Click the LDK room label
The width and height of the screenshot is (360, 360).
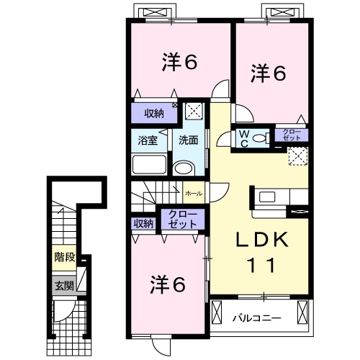(263, 240)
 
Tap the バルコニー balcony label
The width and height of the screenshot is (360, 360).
(257, 318)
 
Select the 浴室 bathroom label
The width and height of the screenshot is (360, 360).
(148, 140)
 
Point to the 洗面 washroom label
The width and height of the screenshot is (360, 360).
(189, 140)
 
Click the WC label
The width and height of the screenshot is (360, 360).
(244, 138)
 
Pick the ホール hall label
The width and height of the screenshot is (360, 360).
(194, 194)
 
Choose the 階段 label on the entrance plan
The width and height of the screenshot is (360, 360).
(65, 257)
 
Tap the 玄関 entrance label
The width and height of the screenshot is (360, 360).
(64, 286)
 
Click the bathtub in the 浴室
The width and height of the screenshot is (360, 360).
(149, 164)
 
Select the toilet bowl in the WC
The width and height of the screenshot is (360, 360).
(260, 138)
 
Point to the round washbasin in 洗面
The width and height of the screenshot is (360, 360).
(184, 168)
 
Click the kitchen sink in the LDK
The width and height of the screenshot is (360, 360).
(267, 197)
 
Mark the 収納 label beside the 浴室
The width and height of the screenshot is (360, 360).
(154, 114)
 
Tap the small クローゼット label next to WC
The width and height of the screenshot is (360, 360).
(292, 135)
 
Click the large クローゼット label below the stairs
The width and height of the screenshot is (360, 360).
(183, 219)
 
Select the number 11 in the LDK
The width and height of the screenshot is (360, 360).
(262, 265)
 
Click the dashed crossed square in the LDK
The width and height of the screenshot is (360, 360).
(298, 156)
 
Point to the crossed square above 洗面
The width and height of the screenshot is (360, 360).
(194, 111)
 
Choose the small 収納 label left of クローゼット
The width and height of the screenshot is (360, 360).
(143, 224)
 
